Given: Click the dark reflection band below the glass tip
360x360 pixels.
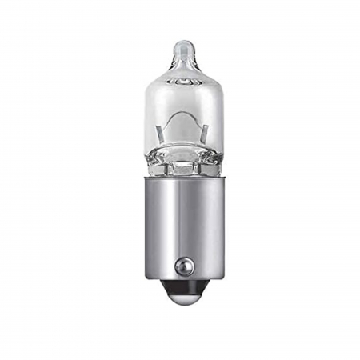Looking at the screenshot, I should click(182, 66).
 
